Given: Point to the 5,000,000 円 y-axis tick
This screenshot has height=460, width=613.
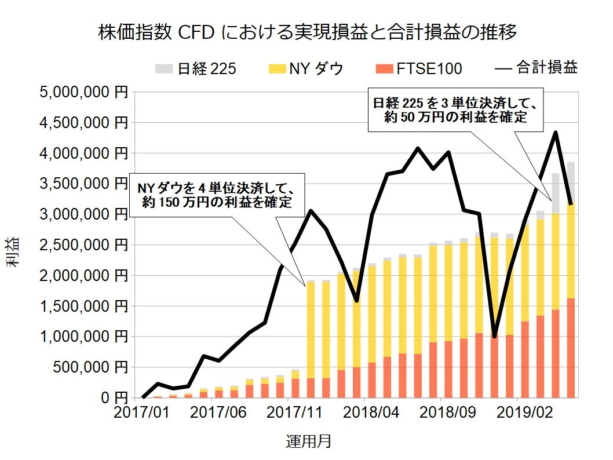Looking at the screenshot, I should pyautogui.click(x=81, y=92).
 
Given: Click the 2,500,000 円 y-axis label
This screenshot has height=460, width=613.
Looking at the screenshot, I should pyautogui.click(x=81, y=245).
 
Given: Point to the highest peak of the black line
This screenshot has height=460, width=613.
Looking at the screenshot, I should pyautogui.click(x=556, y=133).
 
